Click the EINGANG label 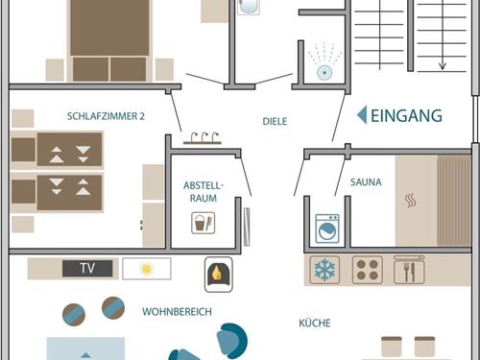point(406,115)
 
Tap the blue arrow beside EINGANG point(363,115)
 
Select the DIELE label point(275,121)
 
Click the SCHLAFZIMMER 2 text point(106,116)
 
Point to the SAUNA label point(366,182)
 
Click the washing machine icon point(327,228)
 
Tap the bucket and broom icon point(204,223)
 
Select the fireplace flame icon point(219,275)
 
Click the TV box point(87,268)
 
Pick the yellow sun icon point(147,269)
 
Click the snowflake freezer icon point(324,270)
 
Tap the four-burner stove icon point(368,270)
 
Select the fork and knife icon point(409,270)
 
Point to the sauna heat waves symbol point(411,201)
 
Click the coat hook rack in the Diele point(203,138)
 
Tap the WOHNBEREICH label point(177,311)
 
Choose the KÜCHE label point(315,323)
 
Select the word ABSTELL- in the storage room point(204,185)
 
